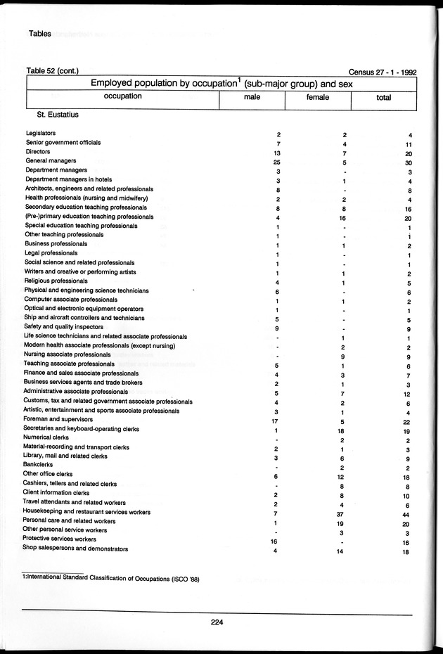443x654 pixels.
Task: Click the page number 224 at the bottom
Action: [x=216, y=620]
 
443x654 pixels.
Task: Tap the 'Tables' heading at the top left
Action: [x=40, y=33]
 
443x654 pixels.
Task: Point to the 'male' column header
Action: [x=252, y=97]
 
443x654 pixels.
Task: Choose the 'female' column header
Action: [x=318, y=97]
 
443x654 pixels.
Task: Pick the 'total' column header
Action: [x=383, y=98]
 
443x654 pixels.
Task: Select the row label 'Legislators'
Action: [x=41, y=133]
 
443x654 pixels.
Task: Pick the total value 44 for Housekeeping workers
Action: [x=406, y=513]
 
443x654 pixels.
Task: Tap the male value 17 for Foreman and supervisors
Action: [x=276, y=421]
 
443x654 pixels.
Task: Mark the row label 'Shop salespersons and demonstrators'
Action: [x=76, y=549]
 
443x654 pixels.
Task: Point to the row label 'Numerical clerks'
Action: [x=47, y=437]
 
